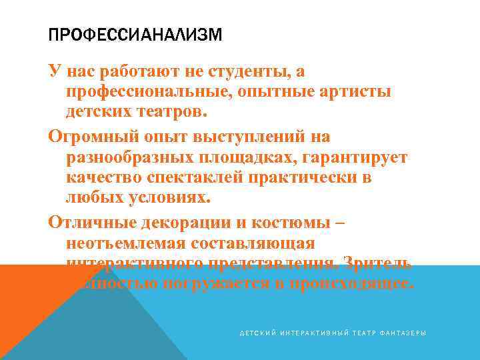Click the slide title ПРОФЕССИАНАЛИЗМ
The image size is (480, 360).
click(135, 34)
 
